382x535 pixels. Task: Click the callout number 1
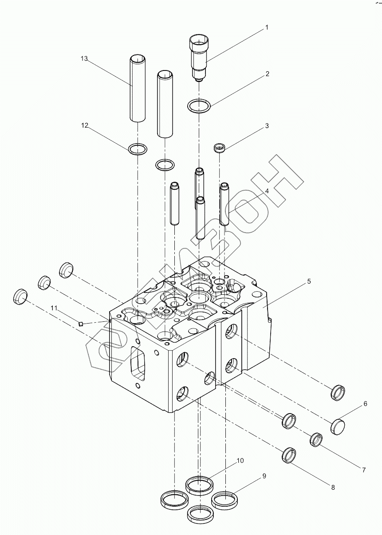267,27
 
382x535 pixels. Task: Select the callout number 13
84,59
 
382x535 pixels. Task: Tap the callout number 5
309,281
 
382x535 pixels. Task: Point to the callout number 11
54,308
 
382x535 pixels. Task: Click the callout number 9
264,476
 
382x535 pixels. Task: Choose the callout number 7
363,470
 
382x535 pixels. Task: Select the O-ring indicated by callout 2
198,106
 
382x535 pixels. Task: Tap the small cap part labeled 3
219,148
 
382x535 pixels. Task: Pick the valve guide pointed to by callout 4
224,204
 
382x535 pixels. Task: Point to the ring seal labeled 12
138,149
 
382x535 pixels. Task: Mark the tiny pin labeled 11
81,323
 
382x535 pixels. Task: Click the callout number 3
267,126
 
